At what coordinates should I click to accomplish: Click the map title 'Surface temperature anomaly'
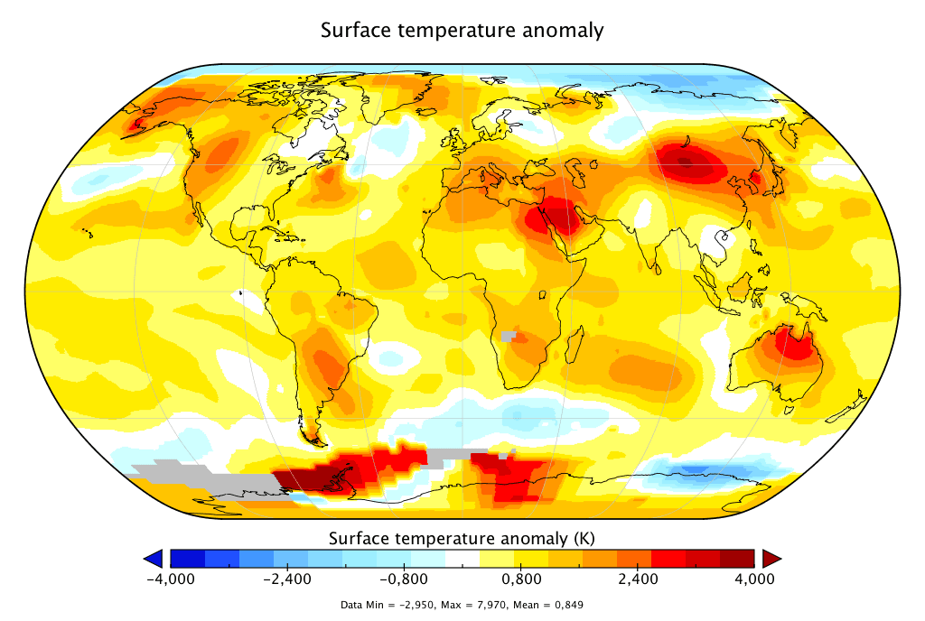pos(462,30)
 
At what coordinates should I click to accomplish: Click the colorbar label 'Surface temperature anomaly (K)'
pos(461,539)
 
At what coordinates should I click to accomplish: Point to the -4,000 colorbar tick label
pos(171,579)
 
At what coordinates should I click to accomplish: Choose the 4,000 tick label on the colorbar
pos(754,579)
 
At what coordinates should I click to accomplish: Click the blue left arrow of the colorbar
pos(154,558)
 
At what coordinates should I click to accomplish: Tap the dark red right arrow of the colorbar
pos(771,558)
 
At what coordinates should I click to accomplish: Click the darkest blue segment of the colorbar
pos(188,558)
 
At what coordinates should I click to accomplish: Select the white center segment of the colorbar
pos(462,558)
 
